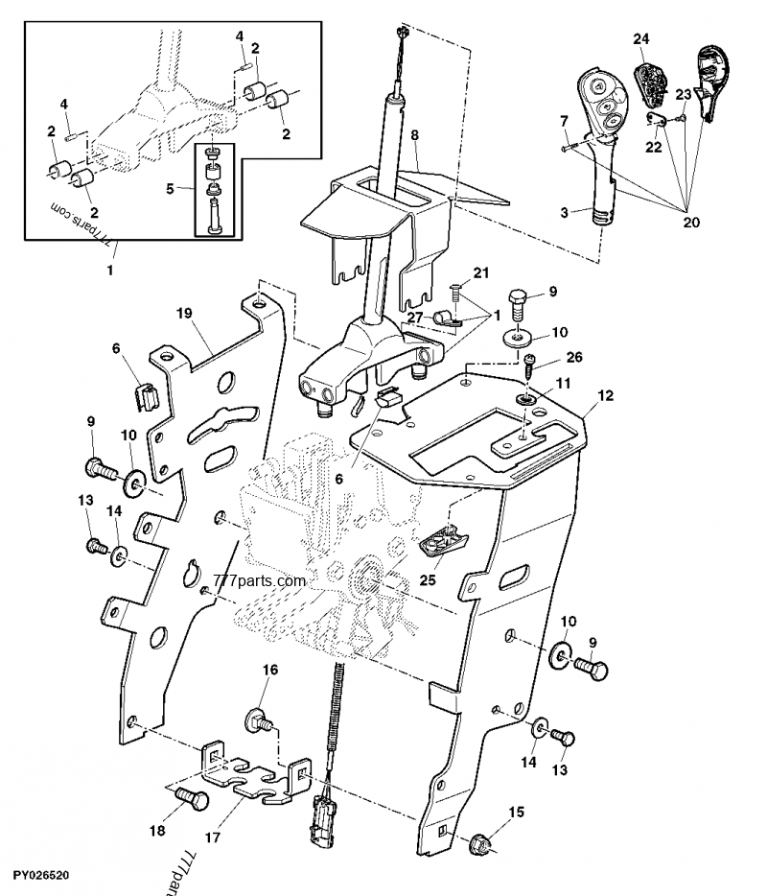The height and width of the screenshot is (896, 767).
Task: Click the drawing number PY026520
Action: (x=41, y=877)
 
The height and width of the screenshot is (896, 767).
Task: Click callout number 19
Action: (x=185, y=313)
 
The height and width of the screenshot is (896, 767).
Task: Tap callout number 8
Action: (x=414, y=137)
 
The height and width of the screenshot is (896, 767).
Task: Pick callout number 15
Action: (x=517, y=813)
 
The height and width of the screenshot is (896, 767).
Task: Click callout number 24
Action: (x=641, y=38)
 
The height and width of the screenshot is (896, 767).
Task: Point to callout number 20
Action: (x=691, y=223)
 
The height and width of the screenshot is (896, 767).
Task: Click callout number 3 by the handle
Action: (x=566, y=210)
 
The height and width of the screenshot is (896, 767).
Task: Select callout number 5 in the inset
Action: (x=170, y=189)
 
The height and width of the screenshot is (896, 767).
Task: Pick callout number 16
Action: (x=270, y=670)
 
